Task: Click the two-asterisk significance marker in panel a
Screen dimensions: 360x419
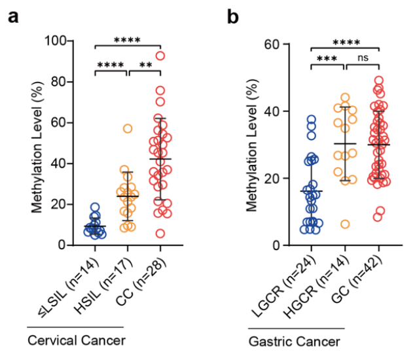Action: [x=144, y=65]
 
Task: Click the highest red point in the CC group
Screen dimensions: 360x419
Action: [x=160, y=56]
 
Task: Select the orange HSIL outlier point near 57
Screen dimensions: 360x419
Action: [x=128, y=128]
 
